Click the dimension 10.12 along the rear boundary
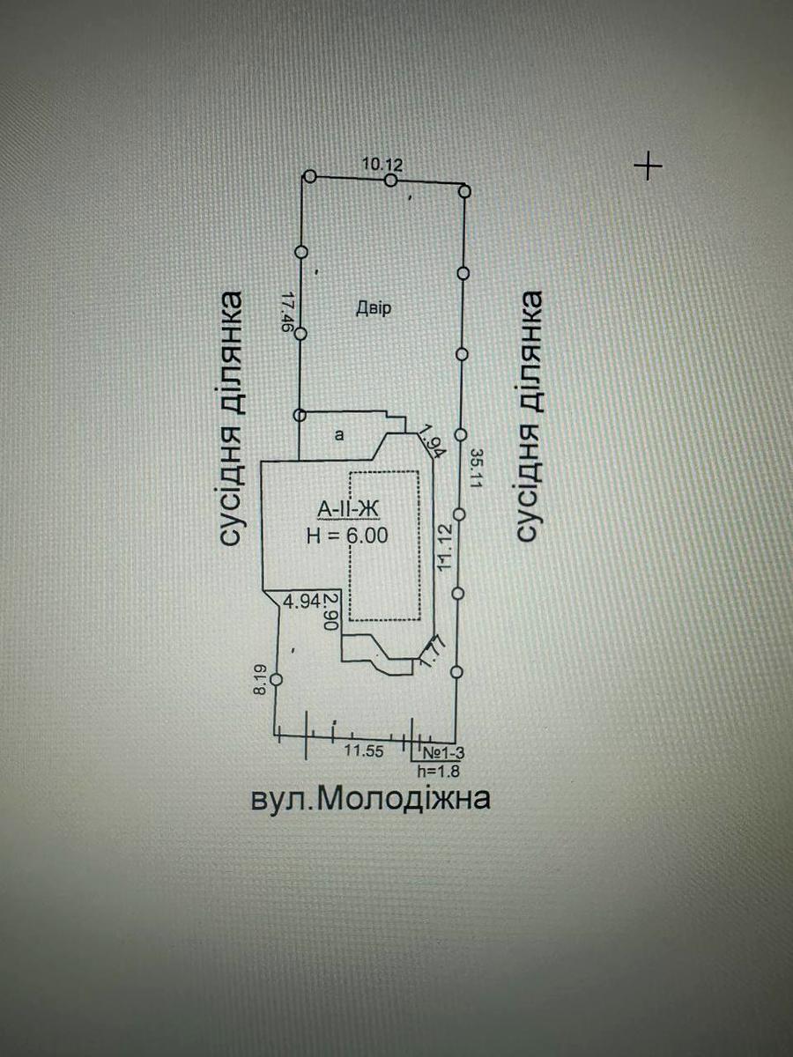point(382,166)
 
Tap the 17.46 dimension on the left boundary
point(287,312)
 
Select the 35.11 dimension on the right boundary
point(476,469)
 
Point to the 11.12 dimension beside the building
point(445,547)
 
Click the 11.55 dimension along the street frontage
point(364,750)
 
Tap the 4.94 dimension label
point(302,602)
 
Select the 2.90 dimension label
point(332,611)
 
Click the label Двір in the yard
point(373,307)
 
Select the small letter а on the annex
point(339,435)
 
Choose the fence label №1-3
point(443,752)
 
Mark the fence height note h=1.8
point(439,771)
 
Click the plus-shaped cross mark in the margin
point(648,166)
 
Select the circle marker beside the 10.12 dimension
point(391,181)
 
